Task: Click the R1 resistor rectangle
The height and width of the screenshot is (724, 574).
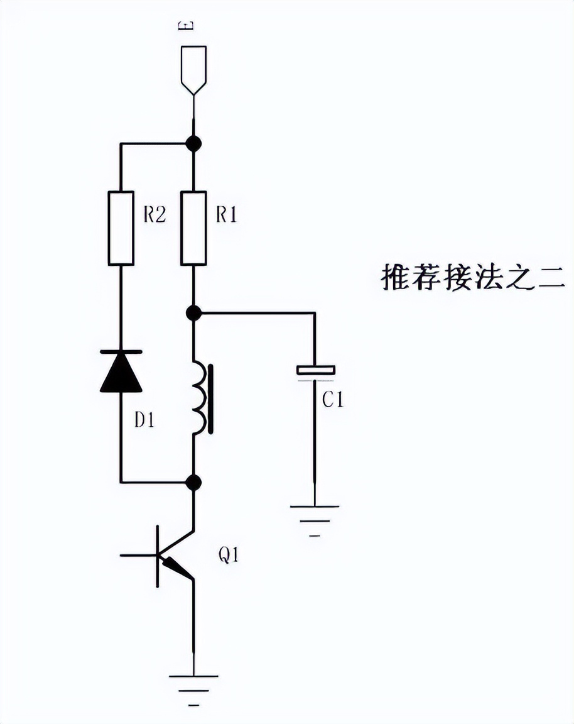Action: pyautogui.click(x=193, y=228)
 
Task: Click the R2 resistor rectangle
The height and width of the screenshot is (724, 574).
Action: pyautogui.click(x=121, y=228)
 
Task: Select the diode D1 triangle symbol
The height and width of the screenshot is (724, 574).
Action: pyautogui.click(x=121, y=371)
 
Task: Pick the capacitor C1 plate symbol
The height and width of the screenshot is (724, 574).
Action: pyautogui.click(x=315, y=371)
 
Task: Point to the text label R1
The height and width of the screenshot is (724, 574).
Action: pyautogui.click(x=227, y=215)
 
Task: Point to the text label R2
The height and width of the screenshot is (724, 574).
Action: pyautogui.click(x=154, y=215)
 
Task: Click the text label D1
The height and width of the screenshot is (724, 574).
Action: pyautogui.click(x=144, y=420)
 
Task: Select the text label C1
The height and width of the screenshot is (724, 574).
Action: pyautogui.click(x=333, y=400)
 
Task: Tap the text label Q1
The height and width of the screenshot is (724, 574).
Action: pyautogui.click(x=228, y=555)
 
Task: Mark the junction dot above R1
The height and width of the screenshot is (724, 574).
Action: pyautogui.click(x=194, y=144)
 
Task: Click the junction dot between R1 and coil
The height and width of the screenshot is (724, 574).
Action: pyautogui.click(x=194, y=312)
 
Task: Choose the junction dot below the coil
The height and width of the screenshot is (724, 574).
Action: pyautogui.click(x=194, y=483)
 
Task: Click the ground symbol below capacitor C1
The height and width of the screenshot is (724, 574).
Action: pyautogui.click(x=315, y=515)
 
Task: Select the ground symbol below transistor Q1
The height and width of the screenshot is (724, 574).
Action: pyautogui.click(x=194, y=684)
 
